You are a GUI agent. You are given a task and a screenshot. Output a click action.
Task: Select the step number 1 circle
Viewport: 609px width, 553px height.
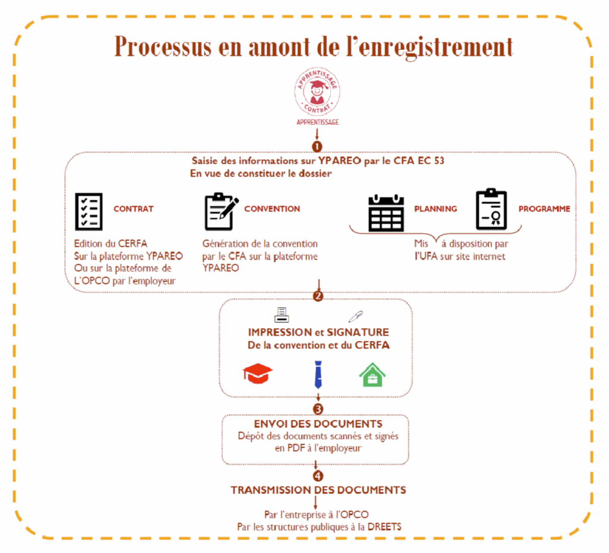coord(317,145)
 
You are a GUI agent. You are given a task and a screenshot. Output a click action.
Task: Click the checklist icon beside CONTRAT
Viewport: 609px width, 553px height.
coord(88,212)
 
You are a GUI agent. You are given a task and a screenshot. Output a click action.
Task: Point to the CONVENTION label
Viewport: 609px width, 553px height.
coord(272,209)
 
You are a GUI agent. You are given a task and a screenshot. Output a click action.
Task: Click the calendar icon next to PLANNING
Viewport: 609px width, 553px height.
coord(386,213)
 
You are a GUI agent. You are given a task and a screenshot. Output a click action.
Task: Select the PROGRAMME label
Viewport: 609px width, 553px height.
coord(544,209)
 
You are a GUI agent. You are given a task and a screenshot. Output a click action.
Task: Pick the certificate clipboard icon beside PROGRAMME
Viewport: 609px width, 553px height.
coord(491,210)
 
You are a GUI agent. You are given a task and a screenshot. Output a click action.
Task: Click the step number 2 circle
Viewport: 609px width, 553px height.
coord(318,296)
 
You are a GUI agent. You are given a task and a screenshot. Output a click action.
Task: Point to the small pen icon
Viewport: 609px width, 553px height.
coord(356,316)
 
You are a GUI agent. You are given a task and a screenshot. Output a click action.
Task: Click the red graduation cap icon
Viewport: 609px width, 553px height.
coord(258,374)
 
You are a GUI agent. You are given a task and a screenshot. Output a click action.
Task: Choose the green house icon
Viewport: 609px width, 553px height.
coord(372,375)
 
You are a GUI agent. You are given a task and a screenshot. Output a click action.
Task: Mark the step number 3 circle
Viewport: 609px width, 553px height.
coord(318,409)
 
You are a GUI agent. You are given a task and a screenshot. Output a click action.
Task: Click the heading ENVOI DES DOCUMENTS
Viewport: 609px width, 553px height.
coord(318,424)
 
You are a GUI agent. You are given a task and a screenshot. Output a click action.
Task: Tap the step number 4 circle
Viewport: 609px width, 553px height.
coord(318,476)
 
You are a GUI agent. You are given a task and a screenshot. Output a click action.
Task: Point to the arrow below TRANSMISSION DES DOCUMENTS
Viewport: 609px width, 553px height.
coord(316,503)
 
